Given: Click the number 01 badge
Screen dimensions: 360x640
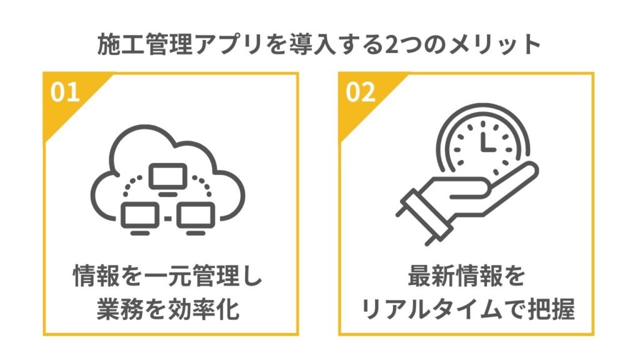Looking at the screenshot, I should coord(65,92).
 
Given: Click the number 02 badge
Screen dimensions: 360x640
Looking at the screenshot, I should coord(361,92).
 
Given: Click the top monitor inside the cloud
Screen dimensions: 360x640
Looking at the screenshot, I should coord(167,177).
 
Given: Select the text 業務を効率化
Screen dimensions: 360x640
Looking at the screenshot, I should coord(168,310).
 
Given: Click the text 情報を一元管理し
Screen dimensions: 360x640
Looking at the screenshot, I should coord(168,276).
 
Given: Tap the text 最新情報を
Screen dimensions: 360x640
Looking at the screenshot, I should coord(467,276).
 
